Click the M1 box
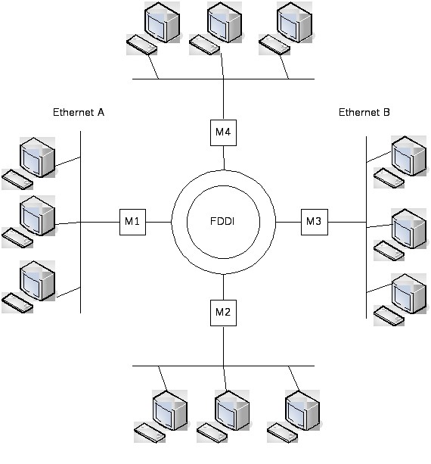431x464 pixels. pos(132,222)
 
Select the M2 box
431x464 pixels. pos(223,313)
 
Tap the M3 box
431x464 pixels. pos(315,222)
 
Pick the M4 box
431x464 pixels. pos(223,132)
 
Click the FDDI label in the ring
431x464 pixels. pos(222,221)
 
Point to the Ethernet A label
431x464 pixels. pos(79,113)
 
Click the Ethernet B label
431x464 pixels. pos(364,113)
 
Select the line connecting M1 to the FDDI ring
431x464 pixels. pos(159,222)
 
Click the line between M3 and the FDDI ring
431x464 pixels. pos(288,222)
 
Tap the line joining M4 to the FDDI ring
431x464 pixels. pos(224,158)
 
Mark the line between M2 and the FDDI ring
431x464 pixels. pos(223,287)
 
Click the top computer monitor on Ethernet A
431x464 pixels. pos(38,157)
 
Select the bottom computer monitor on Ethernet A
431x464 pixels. pos(38,281)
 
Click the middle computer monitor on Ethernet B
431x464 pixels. pos(409,229)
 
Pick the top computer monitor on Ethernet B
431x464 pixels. pos(409,156)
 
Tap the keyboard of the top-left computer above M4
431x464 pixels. pos(141,45)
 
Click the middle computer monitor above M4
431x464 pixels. pos(225,22)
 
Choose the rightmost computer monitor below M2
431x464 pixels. pos(302,410)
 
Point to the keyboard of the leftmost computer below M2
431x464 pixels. pos(150,433)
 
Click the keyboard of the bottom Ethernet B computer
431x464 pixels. pos(389,316)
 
